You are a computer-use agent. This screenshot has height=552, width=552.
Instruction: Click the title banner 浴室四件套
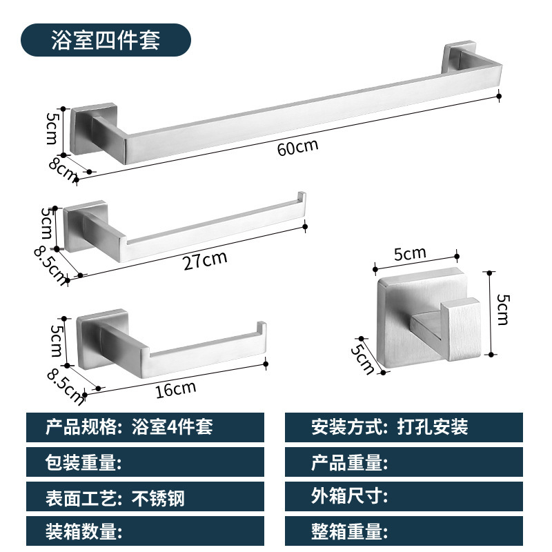point(105,39)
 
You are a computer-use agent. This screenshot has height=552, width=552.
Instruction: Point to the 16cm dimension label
point(175,389)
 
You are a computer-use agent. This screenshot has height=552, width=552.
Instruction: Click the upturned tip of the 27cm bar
point(301,198)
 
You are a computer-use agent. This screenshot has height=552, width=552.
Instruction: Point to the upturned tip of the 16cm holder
point(262,327)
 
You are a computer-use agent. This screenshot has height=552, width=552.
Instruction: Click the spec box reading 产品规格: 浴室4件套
point(145,427)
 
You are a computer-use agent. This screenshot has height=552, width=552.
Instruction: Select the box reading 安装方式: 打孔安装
point(404,427)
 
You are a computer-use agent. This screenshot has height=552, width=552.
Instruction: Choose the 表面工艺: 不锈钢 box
point(145,497)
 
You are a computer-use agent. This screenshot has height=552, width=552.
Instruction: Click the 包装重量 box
point(145,462)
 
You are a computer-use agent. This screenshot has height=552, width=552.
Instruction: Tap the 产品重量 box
point(404,462)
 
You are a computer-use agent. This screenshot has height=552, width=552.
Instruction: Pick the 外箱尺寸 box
point(404,497)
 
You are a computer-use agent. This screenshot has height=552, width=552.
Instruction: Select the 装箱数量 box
point(145,532)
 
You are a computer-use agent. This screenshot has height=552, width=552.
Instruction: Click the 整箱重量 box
point(404,532)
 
